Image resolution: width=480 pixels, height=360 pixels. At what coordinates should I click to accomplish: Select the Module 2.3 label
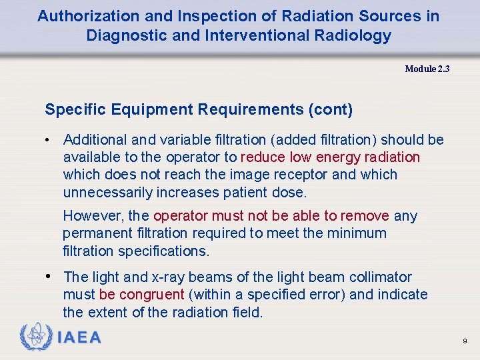coord(427,69)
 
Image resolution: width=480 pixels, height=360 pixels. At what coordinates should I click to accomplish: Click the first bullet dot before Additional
coord(49,140)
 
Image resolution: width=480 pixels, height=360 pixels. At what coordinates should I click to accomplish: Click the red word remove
coord(365,216)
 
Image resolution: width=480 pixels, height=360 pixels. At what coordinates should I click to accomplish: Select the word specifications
coord(163,251)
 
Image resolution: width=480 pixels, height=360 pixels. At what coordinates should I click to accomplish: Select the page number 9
coord(465,341)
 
